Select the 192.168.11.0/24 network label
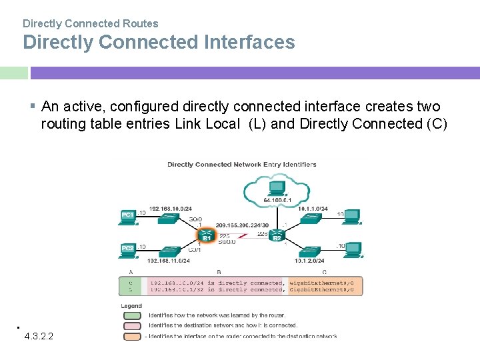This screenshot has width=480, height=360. pyautogui.click(x=169, y=261)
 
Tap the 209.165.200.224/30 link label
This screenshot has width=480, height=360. pyautogui.click(x=242, y=225)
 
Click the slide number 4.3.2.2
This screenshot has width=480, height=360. pyautogui.click(x=39, y=336)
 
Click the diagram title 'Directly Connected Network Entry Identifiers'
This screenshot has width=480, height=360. pyautogui.click(x=241, y=164)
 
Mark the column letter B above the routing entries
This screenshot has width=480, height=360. pyautogui.click(x=219, y=272)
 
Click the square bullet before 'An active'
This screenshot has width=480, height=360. pyautogui.click(x=33, y=106)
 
